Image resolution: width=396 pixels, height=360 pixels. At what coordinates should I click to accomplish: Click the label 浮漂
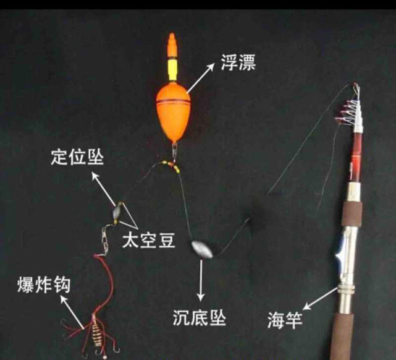237,62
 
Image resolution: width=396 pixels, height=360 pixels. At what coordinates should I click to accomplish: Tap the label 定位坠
77,157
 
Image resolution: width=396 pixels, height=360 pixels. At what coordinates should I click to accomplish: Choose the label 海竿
284,320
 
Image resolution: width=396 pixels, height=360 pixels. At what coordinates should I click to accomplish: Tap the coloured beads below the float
171,165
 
